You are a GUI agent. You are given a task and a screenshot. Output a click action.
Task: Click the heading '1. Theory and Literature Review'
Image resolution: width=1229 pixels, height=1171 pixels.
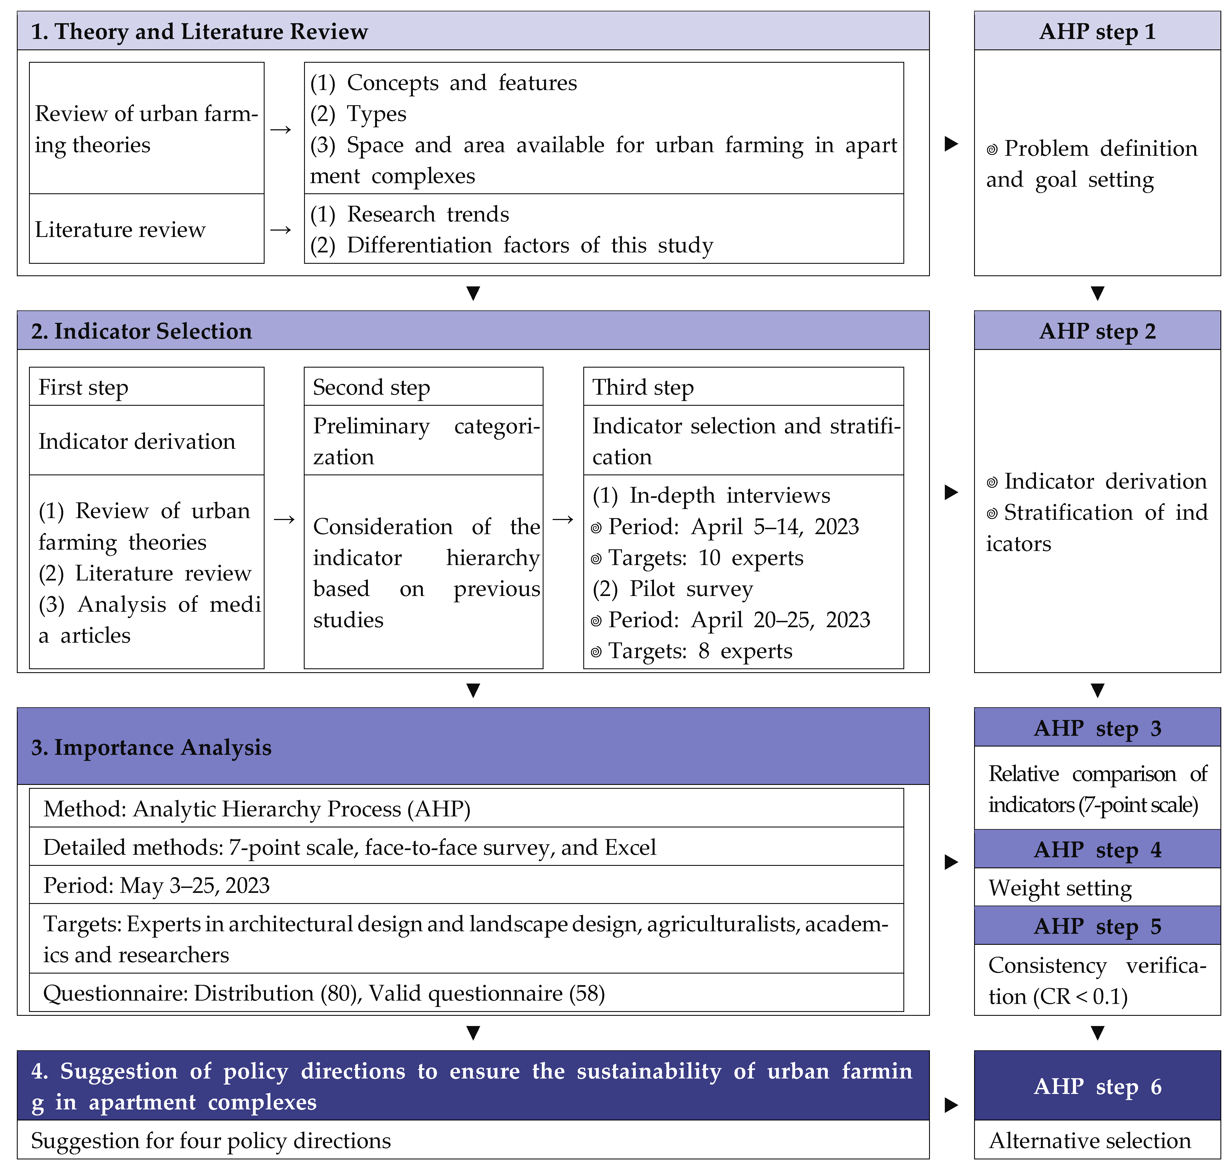[x=199, y=31]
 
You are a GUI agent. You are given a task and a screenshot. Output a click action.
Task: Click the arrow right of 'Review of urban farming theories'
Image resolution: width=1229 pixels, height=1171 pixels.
[x=281, y=129]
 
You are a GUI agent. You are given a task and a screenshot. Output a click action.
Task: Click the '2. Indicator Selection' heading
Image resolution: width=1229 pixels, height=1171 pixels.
[x=142, y=331]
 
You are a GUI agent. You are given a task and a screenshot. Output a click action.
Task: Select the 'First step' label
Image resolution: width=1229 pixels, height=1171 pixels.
[x=84, y=387]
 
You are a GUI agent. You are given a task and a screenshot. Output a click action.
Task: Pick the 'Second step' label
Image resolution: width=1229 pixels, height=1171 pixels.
[x=371, y=387]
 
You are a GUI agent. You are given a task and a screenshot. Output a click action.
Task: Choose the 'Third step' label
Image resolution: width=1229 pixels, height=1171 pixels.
[x=643, y=387]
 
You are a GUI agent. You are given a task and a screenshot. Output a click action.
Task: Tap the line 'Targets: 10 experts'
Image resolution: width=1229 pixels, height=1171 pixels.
[x=705, y=557]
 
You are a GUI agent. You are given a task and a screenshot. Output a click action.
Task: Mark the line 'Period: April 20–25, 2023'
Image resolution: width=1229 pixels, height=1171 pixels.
[x=739, y=620]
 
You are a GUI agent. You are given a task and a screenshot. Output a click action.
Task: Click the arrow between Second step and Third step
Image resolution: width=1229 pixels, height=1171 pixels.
[x=563, y=519]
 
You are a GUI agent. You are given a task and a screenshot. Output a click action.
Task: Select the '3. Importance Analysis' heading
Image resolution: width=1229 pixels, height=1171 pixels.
[x=152, y=747]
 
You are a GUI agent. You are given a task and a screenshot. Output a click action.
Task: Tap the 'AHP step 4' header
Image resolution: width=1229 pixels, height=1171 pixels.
[x=1097, y=850]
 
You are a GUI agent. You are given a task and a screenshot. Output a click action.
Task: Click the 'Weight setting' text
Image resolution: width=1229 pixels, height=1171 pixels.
[x=1060, y=888]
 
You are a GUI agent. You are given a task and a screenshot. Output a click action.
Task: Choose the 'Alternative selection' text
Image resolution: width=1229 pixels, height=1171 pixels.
[x=1089, y=1140]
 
